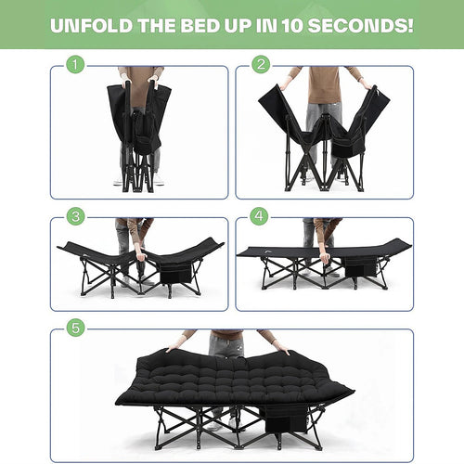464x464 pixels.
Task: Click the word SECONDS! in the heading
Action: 363,24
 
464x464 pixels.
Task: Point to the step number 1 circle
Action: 73,65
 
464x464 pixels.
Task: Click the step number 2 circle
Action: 261,65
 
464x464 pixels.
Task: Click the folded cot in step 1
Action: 139,130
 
